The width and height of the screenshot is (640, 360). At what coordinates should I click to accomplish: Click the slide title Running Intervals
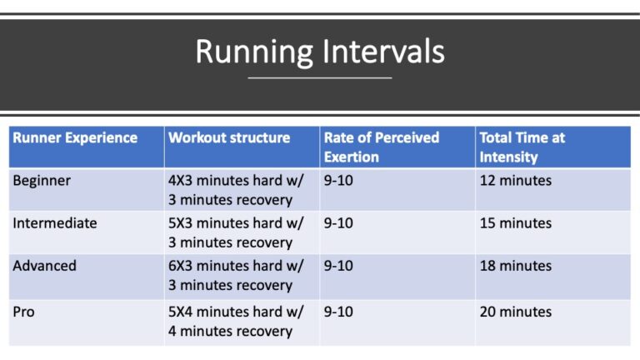point(320,52)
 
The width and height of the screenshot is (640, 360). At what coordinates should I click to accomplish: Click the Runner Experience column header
point(75,138)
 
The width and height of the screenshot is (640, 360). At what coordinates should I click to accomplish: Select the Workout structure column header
point(230,138)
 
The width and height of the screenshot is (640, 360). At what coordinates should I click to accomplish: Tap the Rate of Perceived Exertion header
point(382,147)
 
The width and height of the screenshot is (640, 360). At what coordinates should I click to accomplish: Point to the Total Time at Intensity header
point(522,147)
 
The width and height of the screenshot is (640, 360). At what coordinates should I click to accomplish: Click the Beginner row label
point(42,180)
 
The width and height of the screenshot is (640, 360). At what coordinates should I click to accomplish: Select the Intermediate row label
point(55,223)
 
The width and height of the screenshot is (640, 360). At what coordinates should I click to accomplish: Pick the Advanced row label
point(45,266)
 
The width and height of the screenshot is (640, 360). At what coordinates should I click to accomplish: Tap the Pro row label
point(24,312)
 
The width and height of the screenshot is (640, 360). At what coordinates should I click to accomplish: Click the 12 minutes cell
point(516,180)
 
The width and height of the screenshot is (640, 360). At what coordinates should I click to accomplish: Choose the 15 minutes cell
point(516,223)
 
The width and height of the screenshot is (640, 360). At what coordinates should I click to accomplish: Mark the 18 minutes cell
point(516,266)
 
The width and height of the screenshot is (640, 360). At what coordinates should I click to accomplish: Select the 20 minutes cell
point(516,312)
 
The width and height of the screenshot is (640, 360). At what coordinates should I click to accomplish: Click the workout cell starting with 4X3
point(236,190)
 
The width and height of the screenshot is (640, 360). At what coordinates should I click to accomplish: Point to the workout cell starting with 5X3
point(236,232)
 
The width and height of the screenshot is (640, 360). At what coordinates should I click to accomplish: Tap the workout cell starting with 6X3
point(236,275)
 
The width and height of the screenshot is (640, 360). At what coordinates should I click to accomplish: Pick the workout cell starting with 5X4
point(236,321)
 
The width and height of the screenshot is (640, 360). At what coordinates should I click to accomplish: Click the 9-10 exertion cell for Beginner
point(338,180)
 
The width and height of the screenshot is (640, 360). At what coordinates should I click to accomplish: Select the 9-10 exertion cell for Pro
point(338,312)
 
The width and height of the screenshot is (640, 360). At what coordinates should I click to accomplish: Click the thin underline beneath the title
point(320,78)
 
